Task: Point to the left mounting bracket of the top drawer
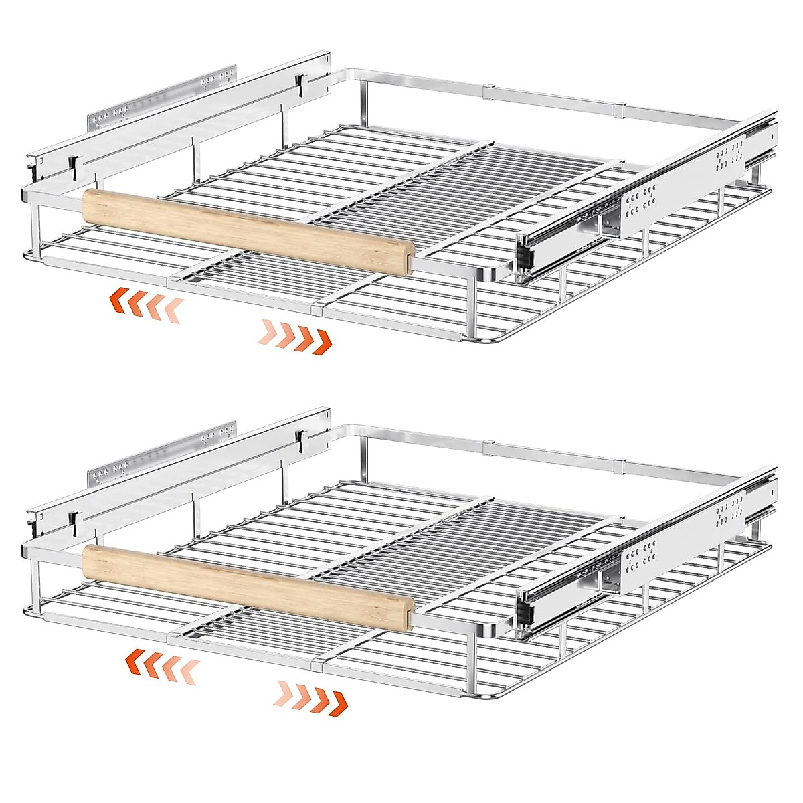pyautogui.click(x=161, y=100)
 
